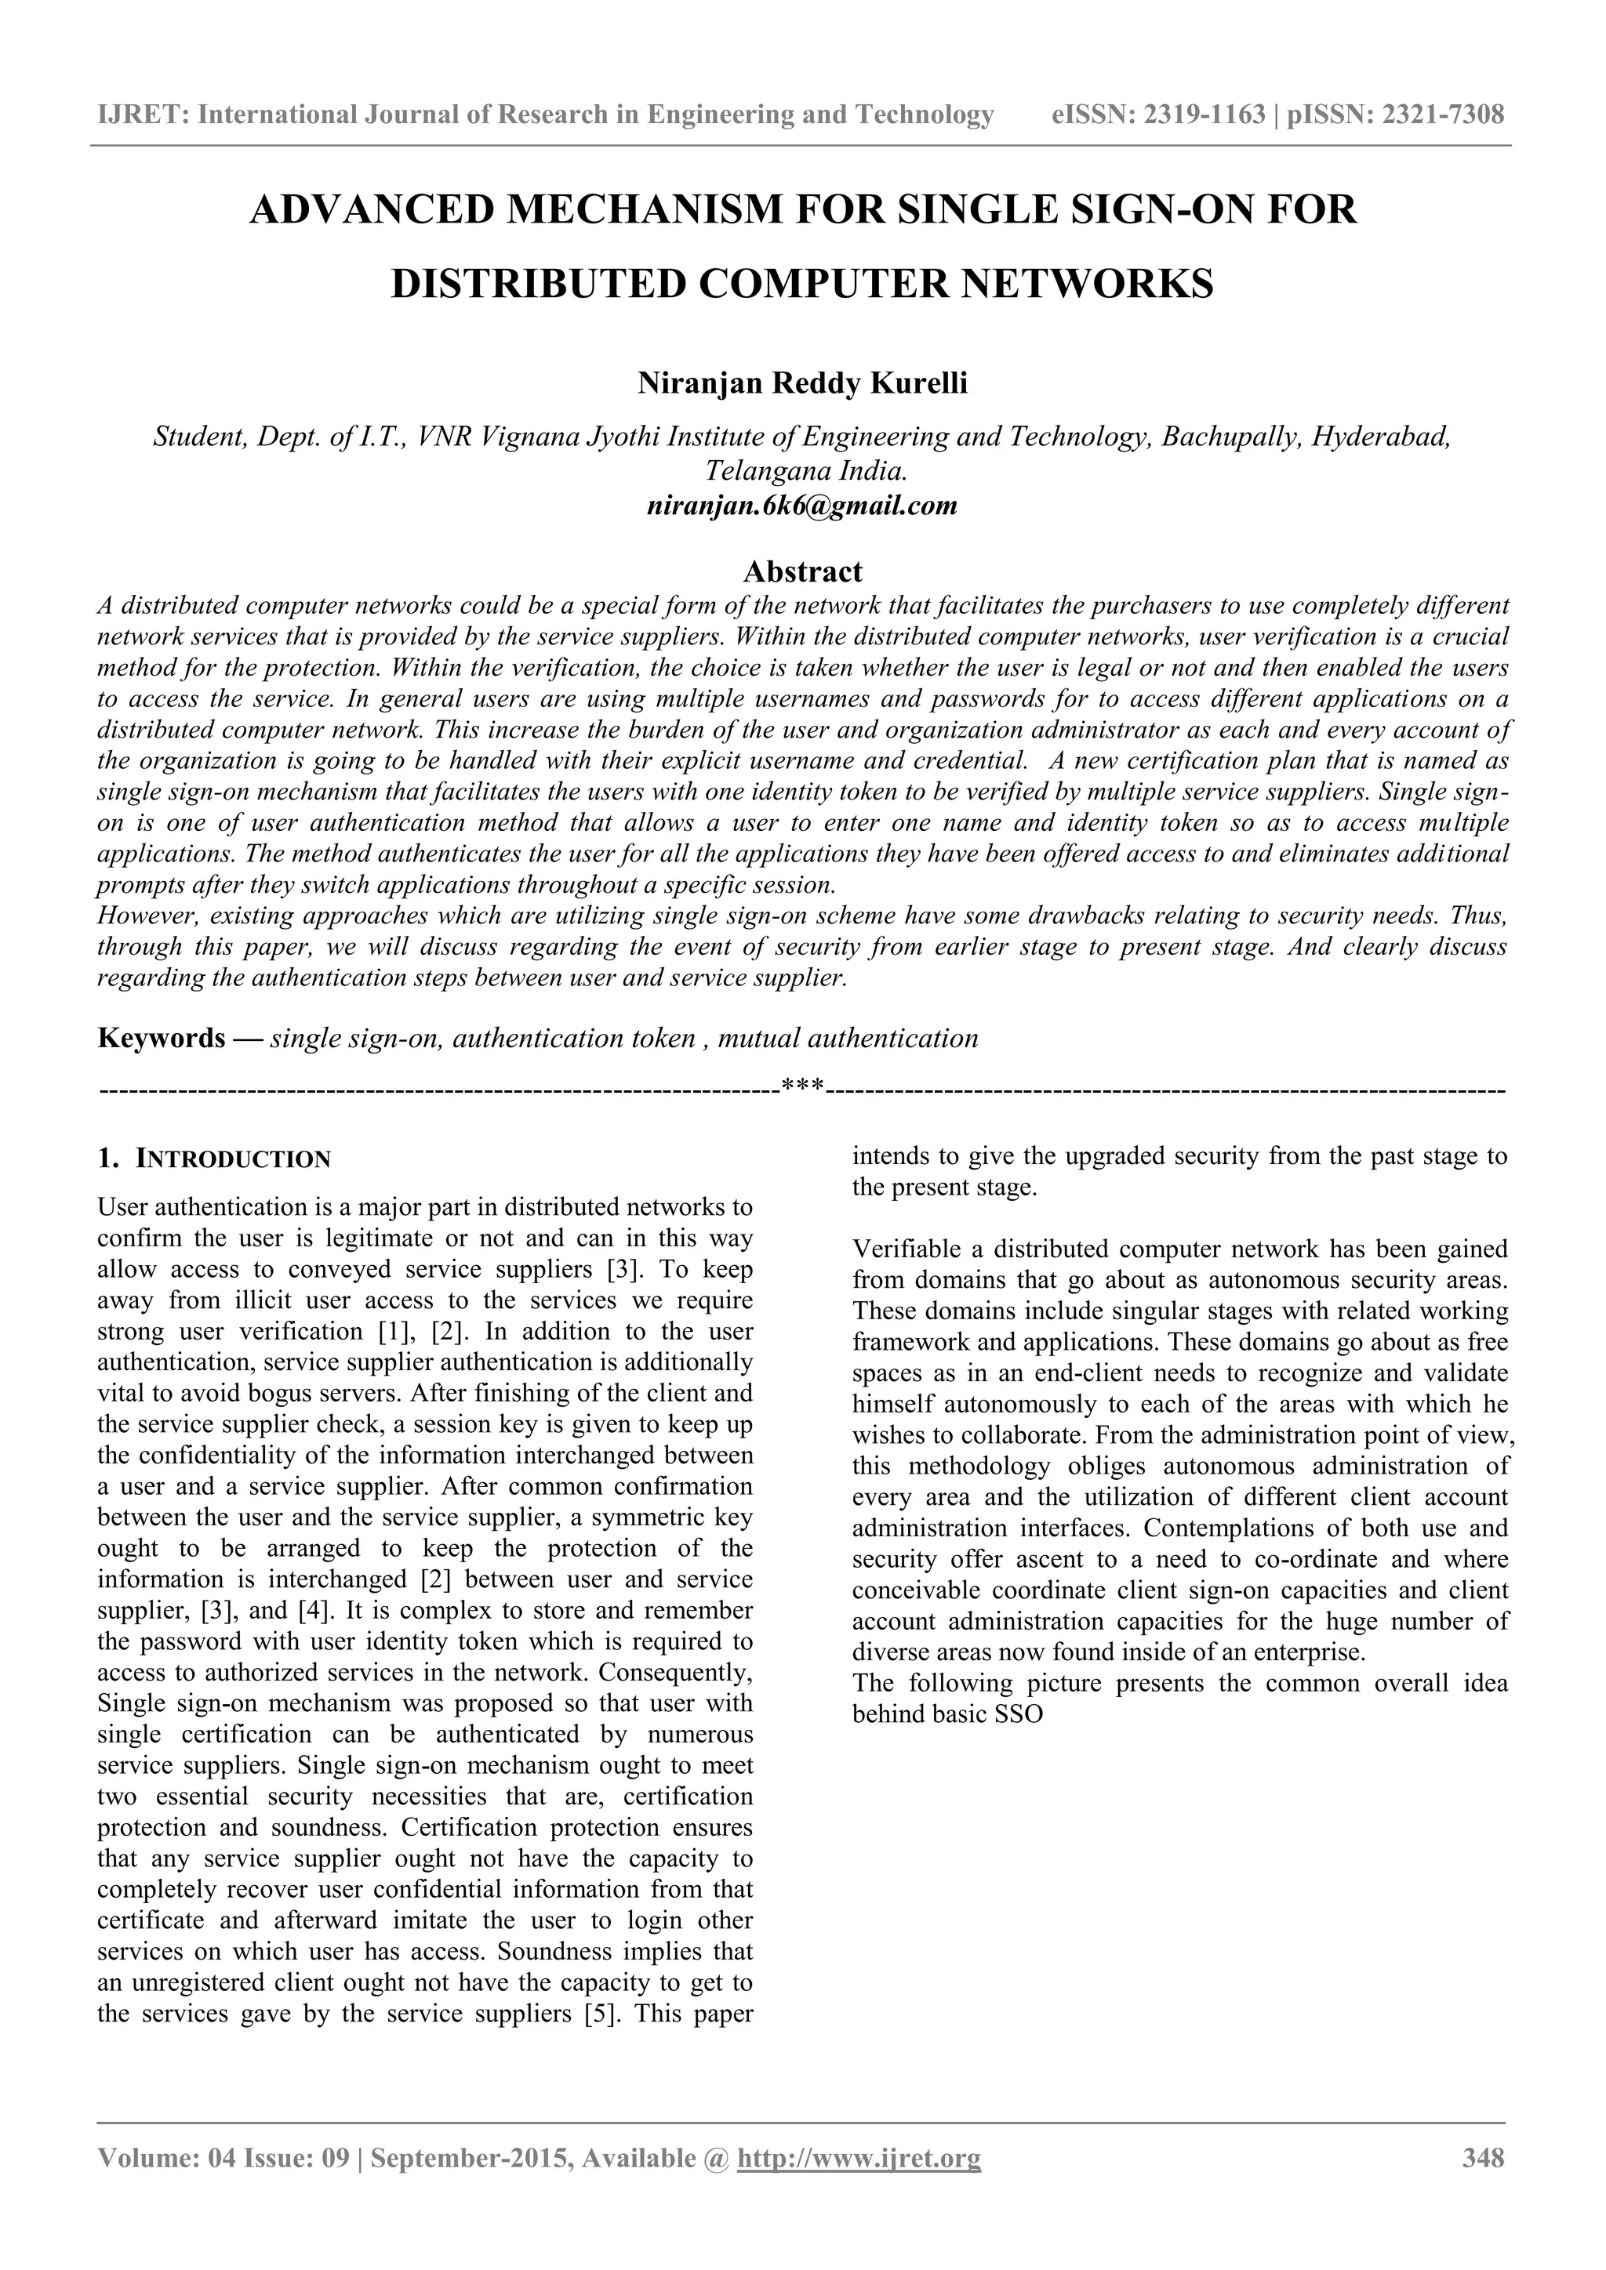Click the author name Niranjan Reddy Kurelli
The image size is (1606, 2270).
(802, 383)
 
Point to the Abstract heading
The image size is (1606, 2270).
(802, 571)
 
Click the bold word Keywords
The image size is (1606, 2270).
(162, 1038)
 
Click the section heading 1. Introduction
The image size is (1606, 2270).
(215, 1159)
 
